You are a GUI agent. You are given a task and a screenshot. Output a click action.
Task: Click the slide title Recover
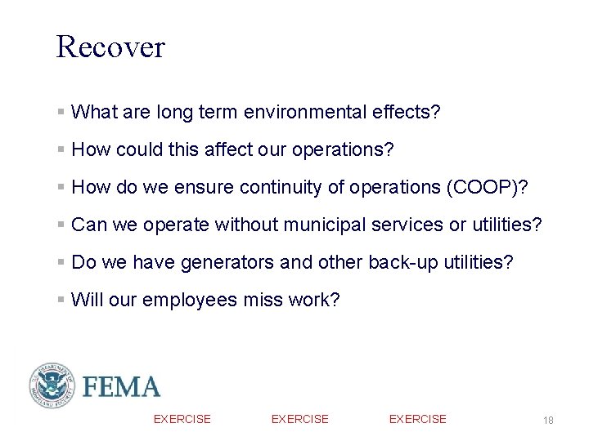pos(110,47)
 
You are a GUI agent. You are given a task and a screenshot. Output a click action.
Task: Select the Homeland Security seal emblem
pos(52,385)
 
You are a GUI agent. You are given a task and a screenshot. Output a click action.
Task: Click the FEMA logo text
pos(120,386)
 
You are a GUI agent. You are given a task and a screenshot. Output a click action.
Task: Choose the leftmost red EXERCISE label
pos(182,419)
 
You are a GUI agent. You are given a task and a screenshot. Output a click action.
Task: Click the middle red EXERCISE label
pos(299,419)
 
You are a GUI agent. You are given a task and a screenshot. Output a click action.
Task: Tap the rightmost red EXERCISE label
pos(417,419)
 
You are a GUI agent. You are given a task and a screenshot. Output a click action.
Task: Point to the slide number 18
pos(548,420)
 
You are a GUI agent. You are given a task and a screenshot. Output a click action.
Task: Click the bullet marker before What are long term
pos(61,112)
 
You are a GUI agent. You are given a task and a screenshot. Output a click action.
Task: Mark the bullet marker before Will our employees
pos(61,300)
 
